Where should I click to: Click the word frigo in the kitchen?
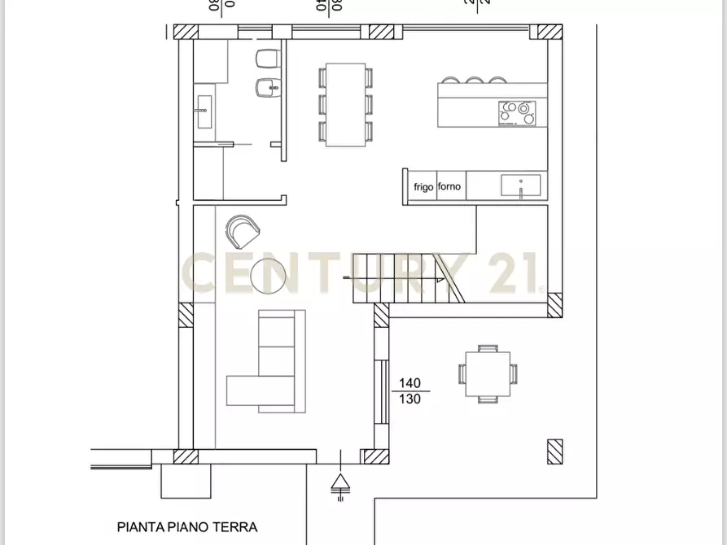coord(423,187)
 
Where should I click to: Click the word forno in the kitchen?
coord(449,187)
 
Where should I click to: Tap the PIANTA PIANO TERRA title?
coord(187,527)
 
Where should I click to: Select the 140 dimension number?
coord(409,383)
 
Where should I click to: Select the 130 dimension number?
coord(409,399)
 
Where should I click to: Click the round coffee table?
coord(269,277)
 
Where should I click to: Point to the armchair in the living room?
coord(242,231)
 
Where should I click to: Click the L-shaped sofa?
coord(269,366)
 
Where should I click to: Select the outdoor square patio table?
coord(488,373)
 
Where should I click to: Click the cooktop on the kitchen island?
coord(517,112)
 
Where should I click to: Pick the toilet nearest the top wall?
coord(267,59)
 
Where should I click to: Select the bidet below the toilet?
coord(265,88)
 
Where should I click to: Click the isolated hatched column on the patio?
coord(555,451)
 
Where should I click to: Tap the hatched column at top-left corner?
coord(186,32)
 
